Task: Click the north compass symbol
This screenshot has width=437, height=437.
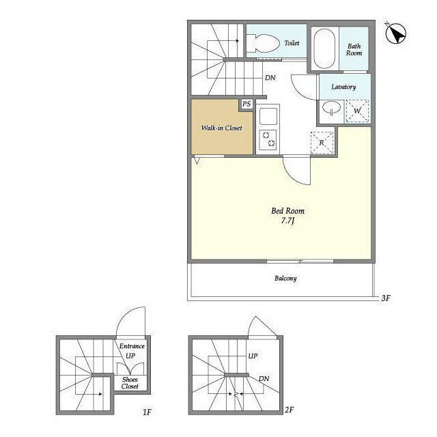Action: (396, 33)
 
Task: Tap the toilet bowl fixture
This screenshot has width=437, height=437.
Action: (263, 43)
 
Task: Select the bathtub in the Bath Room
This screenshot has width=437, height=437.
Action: (324, 48)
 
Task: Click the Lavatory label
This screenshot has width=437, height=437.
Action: (343, 87)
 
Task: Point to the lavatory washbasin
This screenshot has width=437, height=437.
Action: (331, 107)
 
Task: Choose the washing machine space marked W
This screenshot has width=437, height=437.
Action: (357, 111)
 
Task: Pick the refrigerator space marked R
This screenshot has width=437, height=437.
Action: (322, 143)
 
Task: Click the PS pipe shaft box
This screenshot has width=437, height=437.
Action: (246, 104)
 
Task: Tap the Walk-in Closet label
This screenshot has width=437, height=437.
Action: (221, 128)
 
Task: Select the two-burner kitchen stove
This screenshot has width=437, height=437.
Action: (268, 140)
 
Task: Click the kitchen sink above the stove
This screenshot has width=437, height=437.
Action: (268, 116)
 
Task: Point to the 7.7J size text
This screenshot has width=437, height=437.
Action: (288, 221)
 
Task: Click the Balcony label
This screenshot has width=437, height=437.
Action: (285, 278)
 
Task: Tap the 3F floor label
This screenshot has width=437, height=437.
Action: (386, 298)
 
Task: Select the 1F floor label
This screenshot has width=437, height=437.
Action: (147, 412)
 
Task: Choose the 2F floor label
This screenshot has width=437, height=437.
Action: (290, 410)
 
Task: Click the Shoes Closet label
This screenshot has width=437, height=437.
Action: (130, 383)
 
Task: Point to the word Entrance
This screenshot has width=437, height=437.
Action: (132, 346)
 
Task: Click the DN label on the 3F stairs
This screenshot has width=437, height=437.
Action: (270, 78)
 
